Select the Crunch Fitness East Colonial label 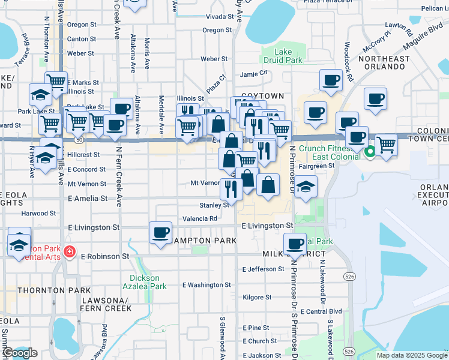click(325, 152)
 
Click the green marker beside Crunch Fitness click(370, 152)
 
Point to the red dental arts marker click(70, 251)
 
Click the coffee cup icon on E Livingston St click(160, 232)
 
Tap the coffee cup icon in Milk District click(295, 244)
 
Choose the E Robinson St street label click(105, 256)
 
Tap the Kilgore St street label click(257, 297)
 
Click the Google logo click(20, 353)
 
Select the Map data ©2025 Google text click(412, 355)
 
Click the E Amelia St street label click(88, 198)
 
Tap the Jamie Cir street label click(253, 74)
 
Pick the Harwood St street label click(38, 214)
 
